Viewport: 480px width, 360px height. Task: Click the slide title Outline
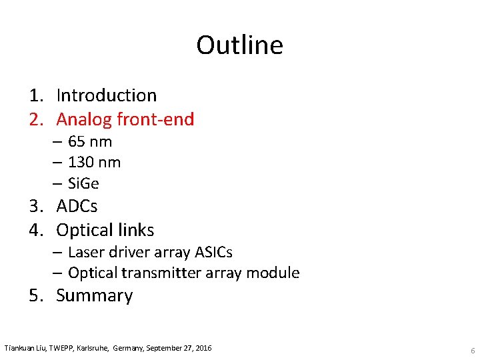[x=239, y=45]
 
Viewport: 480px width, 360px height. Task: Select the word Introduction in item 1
[x=107, y=95]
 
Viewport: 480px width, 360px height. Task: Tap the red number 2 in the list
[x=35, y=119]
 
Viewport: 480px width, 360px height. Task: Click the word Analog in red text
[x=84, y=119]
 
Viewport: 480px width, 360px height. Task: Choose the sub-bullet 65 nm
[x=90, y=141]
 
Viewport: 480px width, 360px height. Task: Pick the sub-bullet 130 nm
[x=94, y=162]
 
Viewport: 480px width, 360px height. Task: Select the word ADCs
[x=77, y=206]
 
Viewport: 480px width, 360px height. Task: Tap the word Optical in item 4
[x=83, y=231]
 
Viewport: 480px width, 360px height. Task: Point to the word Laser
[x=85, y=253]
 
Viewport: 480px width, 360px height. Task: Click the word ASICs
[x=213, y=253]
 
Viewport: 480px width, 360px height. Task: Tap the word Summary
[x=95, y=295]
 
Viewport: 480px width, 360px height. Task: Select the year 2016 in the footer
[x=202, y=348]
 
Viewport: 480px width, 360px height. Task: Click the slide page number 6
[x=472, y=351]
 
